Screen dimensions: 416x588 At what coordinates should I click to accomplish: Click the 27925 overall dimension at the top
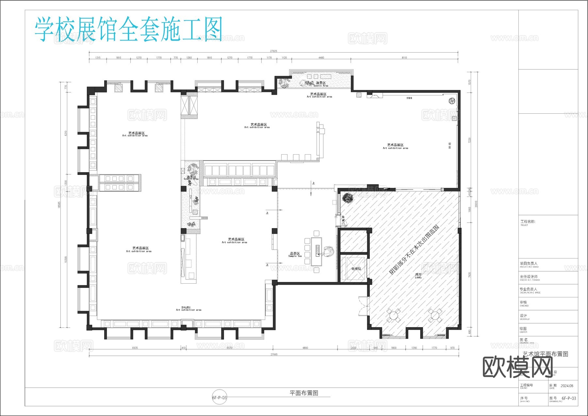(273, 51)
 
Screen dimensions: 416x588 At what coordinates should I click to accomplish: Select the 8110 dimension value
(404, 58)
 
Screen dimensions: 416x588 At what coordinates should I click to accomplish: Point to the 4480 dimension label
(321, 58)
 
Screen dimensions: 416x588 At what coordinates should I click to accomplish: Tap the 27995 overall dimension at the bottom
(274, 354)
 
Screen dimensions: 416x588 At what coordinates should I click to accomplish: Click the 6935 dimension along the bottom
(135, 348)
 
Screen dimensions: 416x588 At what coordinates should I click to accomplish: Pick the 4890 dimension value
(305, 348)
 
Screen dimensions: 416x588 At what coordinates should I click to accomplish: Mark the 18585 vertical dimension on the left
(59, 205)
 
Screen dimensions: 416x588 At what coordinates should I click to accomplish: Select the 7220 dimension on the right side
(470, 141)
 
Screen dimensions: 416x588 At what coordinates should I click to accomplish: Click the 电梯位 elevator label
(356, 269)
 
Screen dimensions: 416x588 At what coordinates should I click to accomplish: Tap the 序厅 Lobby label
(418, 275)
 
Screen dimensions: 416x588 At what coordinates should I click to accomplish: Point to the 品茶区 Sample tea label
(295, 254)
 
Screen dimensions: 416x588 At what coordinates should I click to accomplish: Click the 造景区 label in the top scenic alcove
(320, 84)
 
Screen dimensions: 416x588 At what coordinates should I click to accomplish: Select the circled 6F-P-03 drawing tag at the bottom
(220, 398)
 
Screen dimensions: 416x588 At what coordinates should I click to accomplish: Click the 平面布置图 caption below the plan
(304, 393)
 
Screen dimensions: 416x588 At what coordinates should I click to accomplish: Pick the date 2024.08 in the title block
(567, 386)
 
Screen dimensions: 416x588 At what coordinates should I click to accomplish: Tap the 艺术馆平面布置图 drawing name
(545, 354)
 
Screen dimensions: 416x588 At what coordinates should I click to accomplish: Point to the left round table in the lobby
(394, 316)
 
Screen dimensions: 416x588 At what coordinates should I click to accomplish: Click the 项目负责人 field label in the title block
(529, 263)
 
